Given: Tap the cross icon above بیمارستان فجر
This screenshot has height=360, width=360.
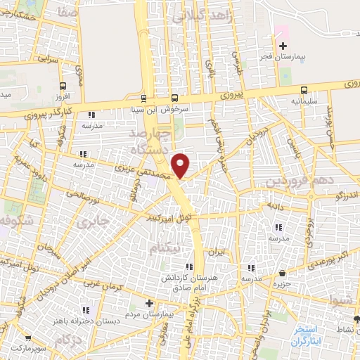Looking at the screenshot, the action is coord(283,46).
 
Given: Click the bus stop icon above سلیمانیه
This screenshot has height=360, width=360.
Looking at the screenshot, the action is coord(304,90).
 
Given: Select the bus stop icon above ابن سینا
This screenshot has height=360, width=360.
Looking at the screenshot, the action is coord(144,98).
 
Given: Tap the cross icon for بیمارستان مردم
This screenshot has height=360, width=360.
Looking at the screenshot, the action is coord(149,303).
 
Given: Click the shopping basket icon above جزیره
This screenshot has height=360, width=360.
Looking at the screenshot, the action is coord(282,273).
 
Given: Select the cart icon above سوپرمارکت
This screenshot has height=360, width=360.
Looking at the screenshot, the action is coord(17,338).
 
